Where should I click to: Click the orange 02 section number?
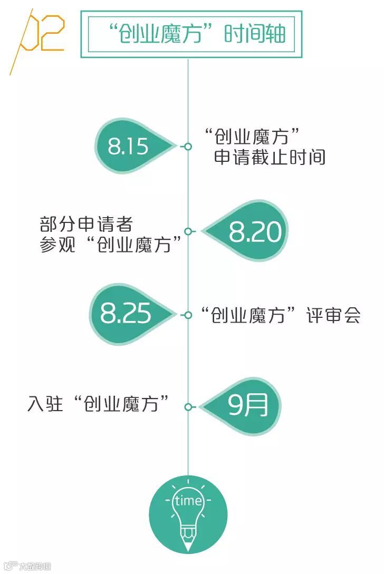(x=42, y=33)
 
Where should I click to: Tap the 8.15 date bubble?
(x=129, y=146)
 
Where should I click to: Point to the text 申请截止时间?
(x=270, y=157)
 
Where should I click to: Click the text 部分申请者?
(x=85, y=225)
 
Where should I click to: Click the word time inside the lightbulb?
(x=188, y=500)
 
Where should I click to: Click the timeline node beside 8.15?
(x=188, y=147)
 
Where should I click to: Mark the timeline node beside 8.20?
(x=188, y=231)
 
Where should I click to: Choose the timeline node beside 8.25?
(x=188, y=315)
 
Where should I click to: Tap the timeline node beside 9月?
(x=188, y=407)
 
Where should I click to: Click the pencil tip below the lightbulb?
(x=188, y=547)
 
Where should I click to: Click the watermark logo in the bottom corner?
(x=11, y=567)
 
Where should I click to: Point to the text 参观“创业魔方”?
(x=114, y=245)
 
